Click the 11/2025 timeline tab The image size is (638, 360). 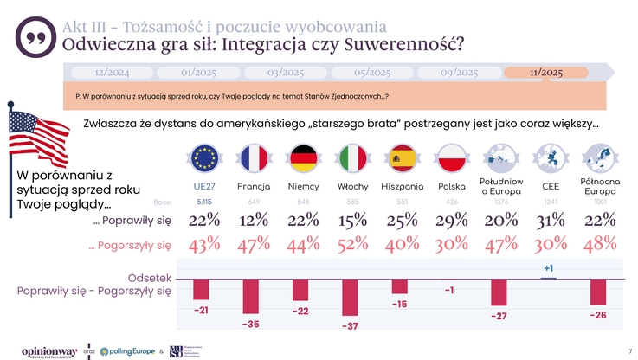click(x=546, y=72)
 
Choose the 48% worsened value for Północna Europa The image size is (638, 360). click(x=599, y=245)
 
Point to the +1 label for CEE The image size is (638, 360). click(x=549, y=268)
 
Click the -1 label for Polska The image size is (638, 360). click(x=449, y=290)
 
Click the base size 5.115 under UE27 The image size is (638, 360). click(x=204, y=202)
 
